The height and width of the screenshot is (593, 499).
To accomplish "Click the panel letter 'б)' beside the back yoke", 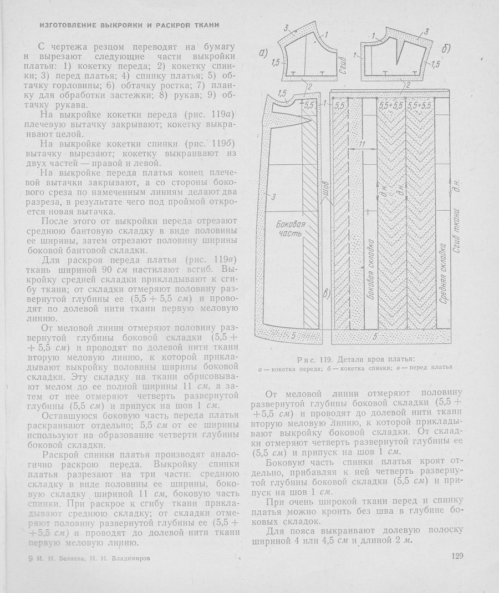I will [446, 49].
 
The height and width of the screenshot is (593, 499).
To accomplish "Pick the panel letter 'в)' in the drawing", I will [327, 294].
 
